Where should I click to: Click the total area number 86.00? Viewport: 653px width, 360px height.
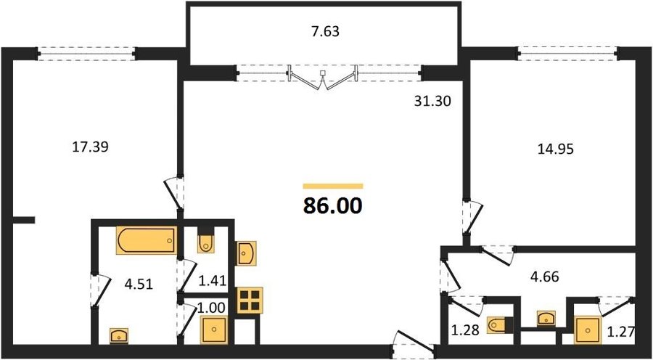tap(332, 205)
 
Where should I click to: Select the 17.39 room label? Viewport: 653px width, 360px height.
tap(91, 147)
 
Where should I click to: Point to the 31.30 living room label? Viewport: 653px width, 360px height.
tap(432, 101)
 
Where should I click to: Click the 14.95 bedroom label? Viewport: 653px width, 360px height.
tap(555, 149)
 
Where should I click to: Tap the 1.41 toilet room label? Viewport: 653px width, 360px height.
tap(213, 280)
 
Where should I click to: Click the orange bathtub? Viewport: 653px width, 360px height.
tap(147, 240)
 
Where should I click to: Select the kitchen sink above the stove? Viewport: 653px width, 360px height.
tap(246, 253)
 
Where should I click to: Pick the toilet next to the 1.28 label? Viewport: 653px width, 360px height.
tap(496, 325)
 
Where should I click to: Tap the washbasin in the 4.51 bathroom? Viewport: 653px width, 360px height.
tap(119, 336)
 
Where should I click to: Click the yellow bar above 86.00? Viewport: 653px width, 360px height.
tap(333, 187)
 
